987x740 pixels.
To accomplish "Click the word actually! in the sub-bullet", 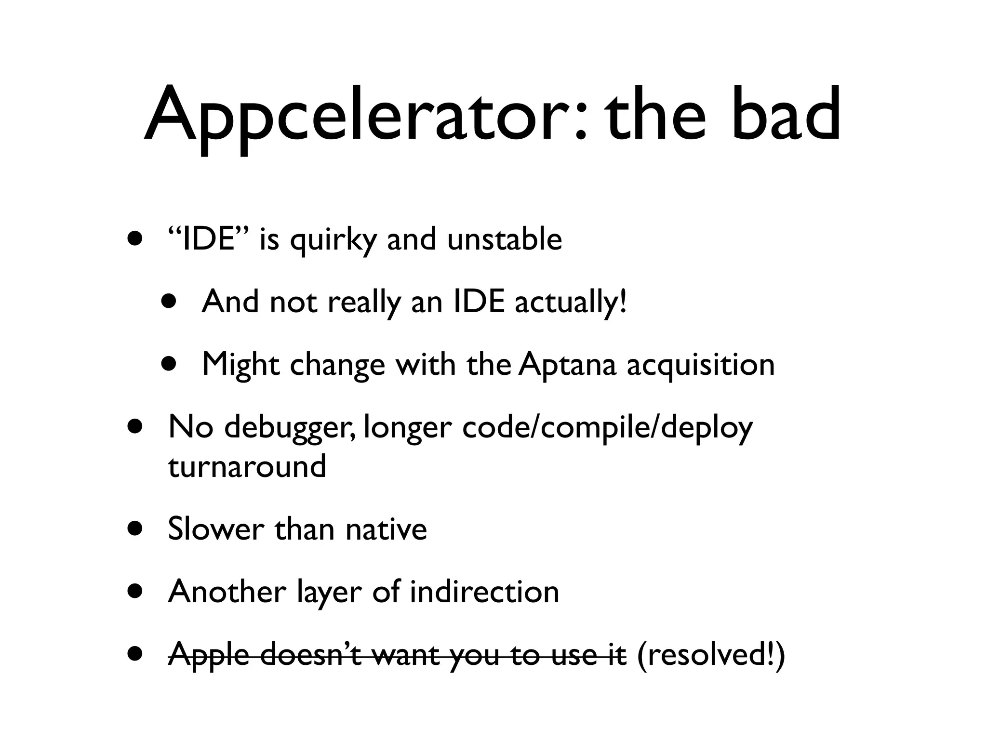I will pos(571,303).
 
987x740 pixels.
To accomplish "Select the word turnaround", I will pos(247,466).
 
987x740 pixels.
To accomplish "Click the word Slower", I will pos(216,529).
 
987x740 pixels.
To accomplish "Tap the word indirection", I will pos(484,592).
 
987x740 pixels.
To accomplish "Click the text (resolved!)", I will pos(711,655).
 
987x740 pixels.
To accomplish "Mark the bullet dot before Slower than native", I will pos(135,529).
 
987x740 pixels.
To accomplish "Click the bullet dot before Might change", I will pos(169,365).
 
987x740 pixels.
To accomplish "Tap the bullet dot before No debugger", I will pos(135,427).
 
